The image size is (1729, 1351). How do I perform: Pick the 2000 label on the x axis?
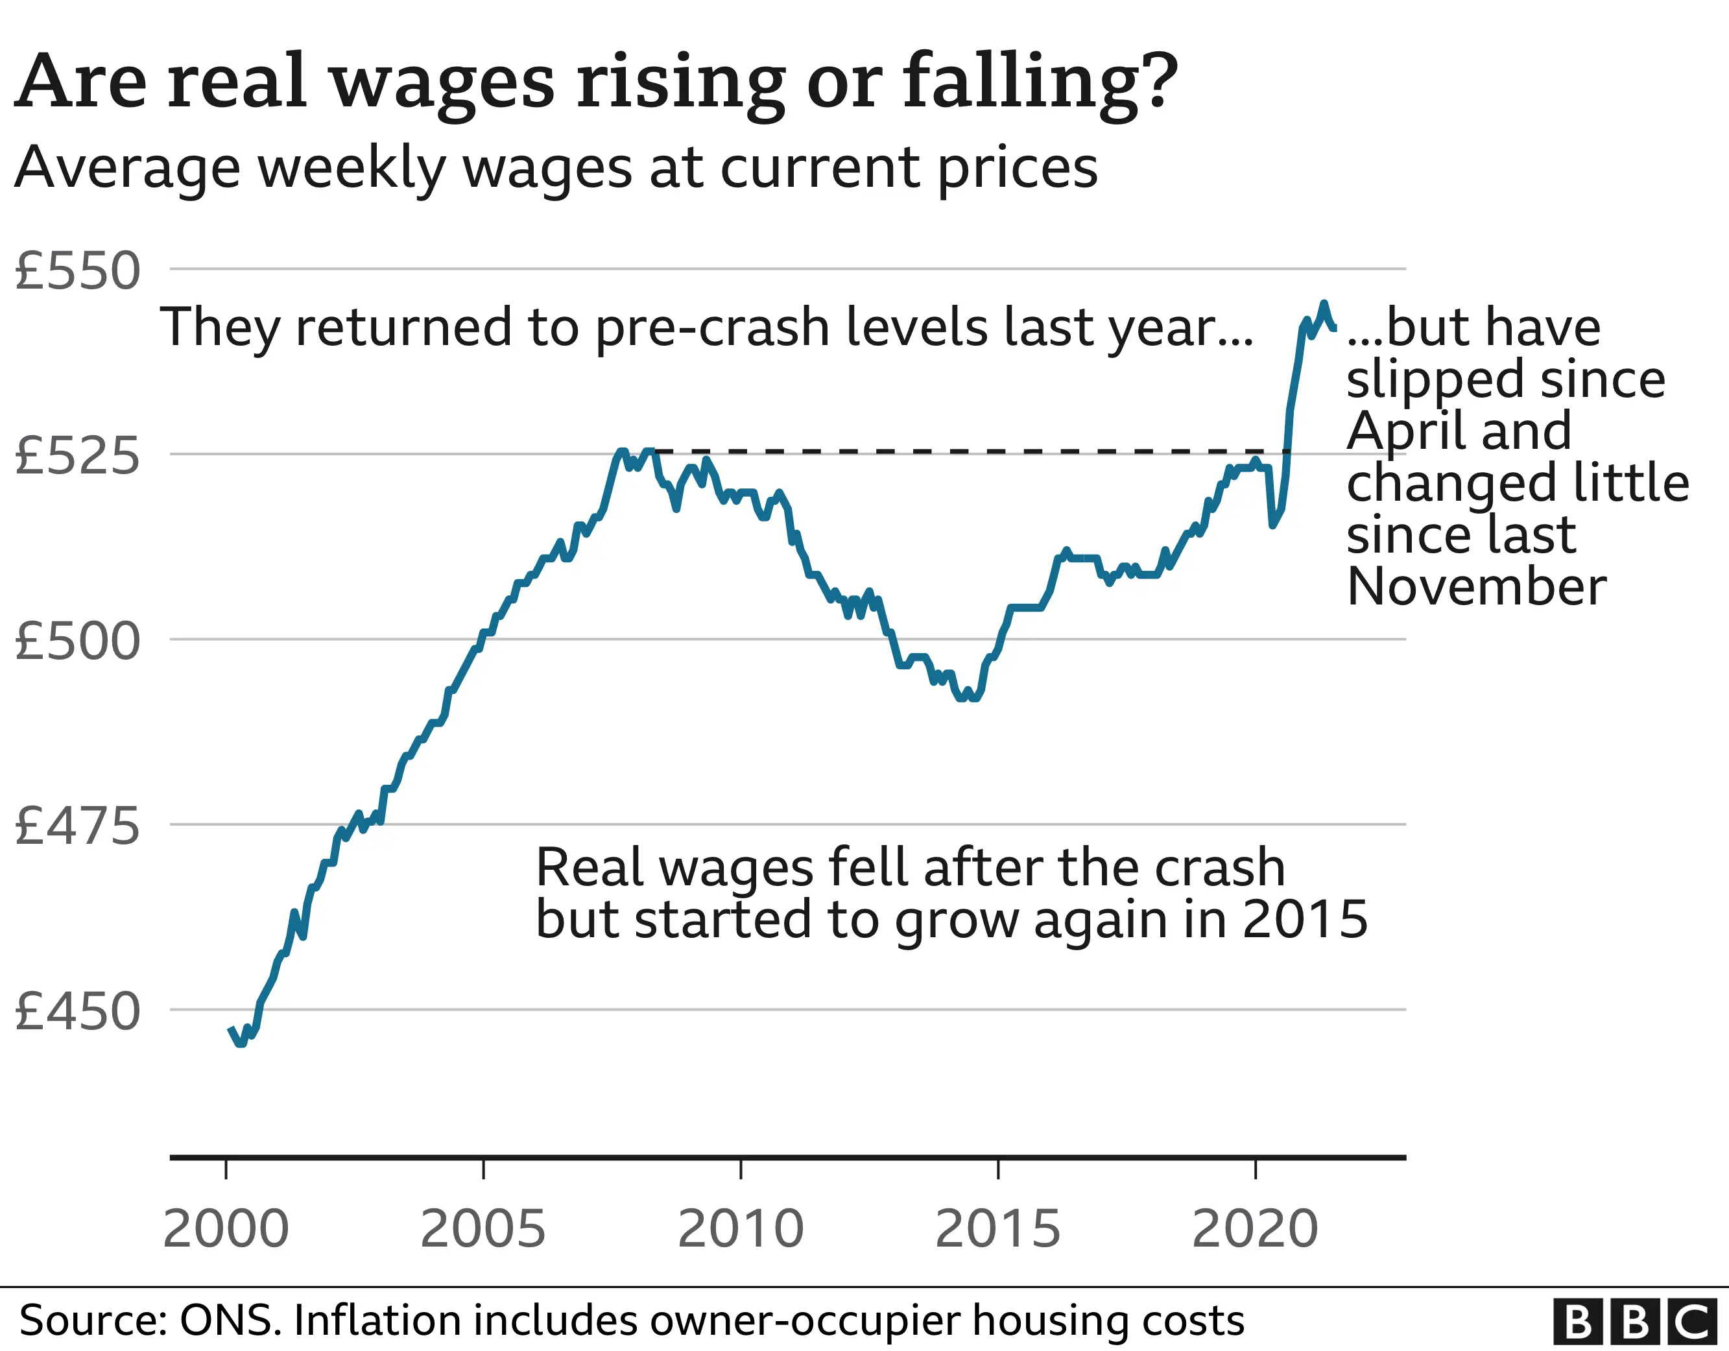(x=226, y=1229)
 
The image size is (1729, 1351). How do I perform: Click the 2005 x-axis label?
(x=483, y=1229)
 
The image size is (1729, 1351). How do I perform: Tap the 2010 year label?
(x=740, y=1229)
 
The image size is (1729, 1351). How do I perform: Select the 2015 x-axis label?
(x=997, y=1229)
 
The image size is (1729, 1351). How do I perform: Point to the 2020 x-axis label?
(x=1255, y=1229)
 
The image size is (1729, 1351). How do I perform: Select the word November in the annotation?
(x=1477, y=587)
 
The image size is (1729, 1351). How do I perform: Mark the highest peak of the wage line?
(x=1323, y=304)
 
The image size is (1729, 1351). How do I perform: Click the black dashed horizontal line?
(x=950, y=452)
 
